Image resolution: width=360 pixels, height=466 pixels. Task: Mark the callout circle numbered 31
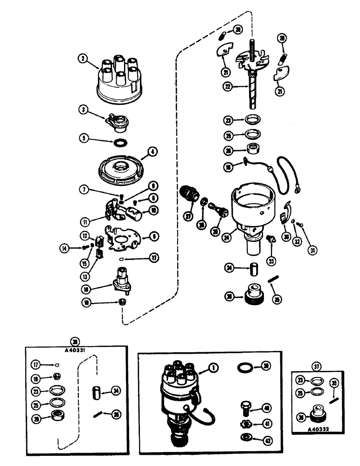pyautogui.click(x=312, y=250)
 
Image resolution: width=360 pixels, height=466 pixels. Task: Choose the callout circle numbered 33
pyautogui.click(x=271, y=260)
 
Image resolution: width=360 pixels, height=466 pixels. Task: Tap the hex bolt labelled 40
pyautogui.click(x=244, y=407)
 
